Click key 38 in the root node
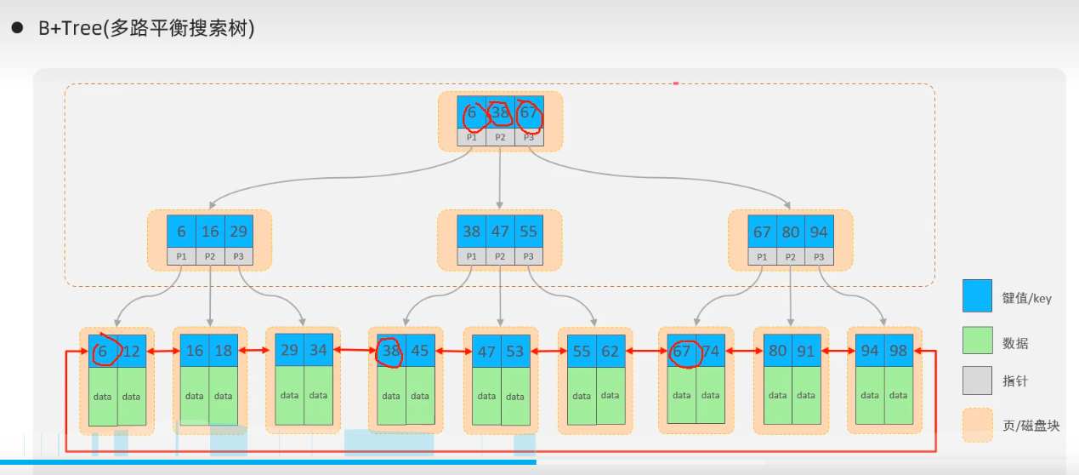coord(500,112)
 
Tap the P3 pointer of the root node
coord(529,137)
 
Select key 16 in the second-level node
coord(210,232)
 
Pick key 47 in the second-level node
coord(500,232)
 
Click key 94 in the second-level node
coord(819,232)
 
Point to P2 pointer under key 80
coord(791,257)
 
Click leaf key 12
coord(132,351)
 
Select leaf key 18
coord(224,351)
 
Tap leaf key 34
coord(318,351)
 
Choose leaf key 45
coord(420,351)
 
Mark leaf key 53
coord(515,351)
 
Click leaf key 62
coord(610,351)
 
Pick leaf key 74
coord(711,351)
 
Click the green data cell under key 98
coord(899,395)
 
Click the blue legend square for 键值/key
coord(977,295)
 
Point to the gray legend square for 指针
coord(977,381)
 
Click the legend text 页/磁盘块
coord(1031,426)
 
